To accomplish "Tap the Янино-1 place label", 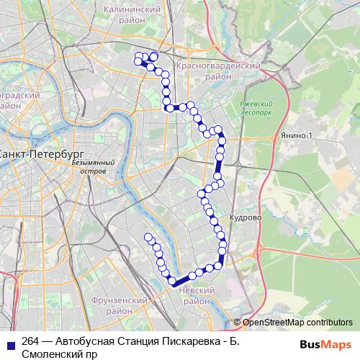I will (291, 135).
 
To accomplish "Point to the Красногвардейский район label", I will (217, 70).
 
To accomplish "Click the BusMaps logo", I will (330, 343).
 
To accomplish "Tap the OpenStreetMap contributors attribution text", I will (297, 323).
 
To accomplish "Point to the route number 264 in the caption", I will (31, 341).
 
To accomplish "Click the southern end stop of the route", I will (148, 237).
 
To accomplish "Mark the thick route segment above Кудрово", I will (217, 169).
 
